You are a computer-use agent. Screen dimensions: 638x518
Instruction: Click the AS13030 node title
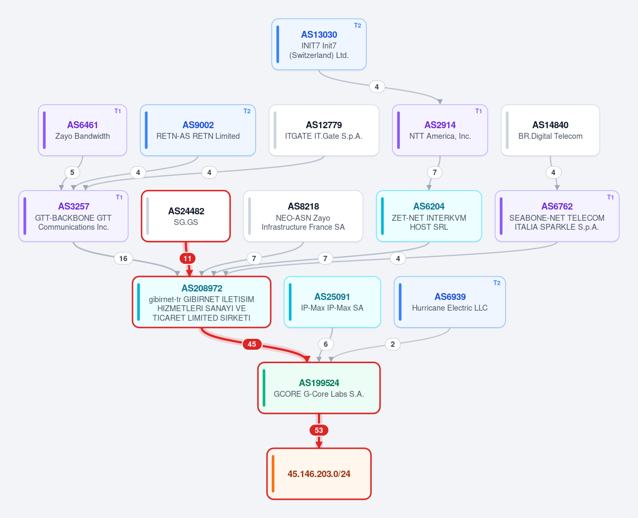pos(319,35)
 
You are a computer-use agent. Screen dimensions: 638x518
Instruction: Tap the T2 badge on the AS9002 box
pos(247,111)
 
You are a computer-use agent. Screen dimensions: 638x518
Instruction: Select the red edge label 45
pos(252,344)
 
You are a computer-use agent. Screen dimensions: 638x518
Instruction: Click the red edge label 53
pos(318,430)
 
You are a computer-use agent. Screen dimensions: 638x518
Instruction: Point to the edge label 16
pos(123,258)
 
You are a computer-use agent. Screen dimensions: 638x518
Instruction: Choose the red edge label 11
pos(188,258)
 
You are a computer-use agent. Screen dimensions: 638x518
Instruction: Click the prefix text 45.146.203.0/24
pos(319,474)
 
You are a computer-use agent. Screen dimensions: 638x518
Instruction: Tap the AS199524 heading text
pos(319,383)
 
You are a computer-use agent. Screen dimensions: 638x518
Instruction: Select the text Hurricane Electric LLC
pos(450,308)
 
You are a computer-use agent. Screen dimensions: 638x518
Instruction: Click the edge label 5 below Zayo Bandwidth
pos(72,172)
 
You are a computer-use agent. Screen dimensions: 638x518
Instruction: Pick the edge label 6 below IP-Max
pos(325,344)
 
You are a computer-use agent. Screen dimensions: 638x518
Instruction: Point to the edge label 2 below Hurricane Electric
pos(393,344)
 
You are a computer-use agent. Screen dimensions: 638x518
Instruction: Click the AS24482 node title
pos(186,211)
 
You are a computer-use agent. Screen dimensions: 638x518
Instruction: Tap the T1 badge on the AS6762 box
pos(610,197)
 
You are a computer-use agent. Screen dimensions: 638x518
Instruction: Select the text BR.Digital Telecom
pos(550,136)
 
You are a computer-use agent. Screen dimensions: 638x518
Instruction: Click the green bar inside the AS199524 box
pos(264,388)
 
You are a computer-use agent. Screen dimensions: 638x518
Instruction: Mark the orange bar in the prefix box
pos(273,474)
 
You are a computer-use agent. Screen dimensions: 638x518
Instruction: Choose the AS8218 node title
pos(303,206)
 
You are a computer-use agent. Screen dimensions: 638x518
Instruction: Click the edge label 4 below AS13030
pos(377,87)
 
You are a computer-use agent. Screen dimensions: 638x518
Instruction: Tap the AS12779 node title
pos(324,125)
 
